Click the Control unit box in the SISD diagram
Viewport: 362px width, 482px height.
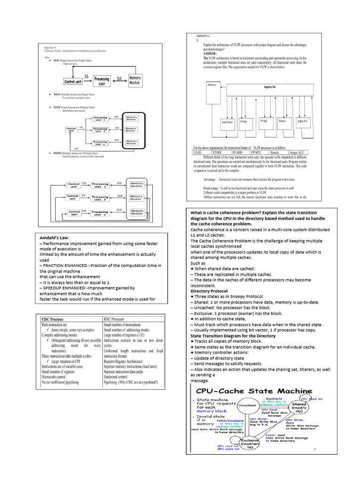point(73,81)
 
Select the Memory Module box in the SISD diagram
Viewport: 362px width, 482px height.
point(135,80)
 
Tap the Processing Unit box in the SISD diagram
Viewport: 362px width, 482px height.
point(102,80)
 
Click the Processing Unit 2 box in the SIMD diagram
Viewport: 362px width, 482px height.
point(100,129)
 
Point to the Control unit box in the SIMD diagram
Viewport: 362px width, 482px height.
point(71,129)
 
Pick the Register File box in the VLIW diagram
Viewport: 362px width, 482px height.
point(269,88)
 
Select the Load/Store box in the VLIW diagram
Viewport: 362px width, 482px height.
point(227,122)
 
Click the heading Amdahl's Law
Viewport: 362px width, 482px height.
point(54,238)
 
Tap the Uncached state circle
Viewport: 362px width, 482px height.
point(247,405)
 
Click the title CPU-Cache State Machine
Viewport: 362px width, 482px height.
point(254,391)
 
